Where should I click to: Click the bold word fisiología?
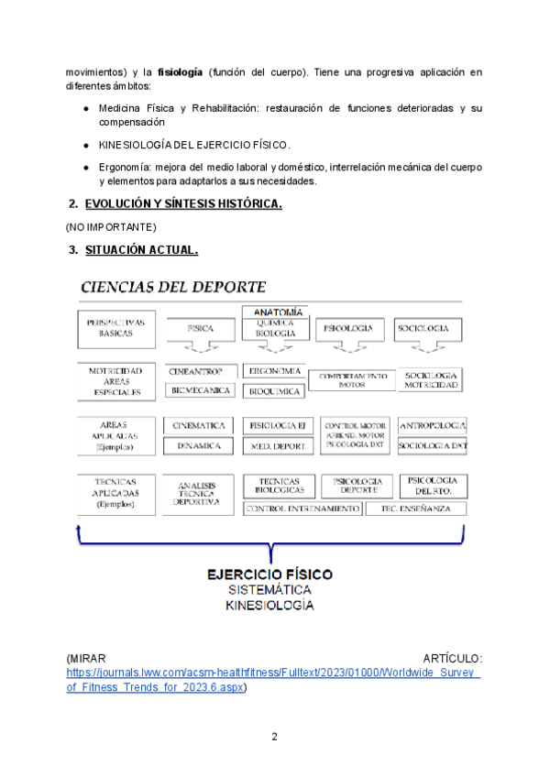tap(179, 71)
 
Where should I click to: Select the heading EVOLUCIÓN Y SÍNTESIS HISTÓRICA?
tap(183, 203)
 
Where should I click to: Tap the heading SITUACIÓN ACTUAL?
tap(141, 249)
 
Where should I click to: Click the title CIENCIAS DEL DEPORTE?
tap(173, 287)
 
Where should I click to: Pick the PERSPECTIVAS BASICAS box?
tap(115, 328)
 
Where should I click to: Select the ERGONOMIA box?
tap(276, 371)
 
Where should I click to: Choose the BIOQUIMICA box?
tap(276, 391)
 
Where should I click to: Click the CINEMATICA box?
tap(201, 425)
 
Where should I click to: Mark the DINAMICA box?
tap(201, 445)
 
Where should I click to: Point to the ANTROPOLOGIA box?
tap(433, 425)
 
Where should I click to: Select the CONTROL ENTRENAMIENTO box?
tap(302, 509)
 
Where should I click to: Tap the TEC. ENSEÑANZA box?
tap(415, 509)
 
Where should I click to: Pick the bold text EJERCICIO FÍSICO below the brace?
tap(269, 574)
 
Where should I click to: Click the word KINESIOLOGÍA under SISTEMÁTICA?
tap(269, 606)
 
